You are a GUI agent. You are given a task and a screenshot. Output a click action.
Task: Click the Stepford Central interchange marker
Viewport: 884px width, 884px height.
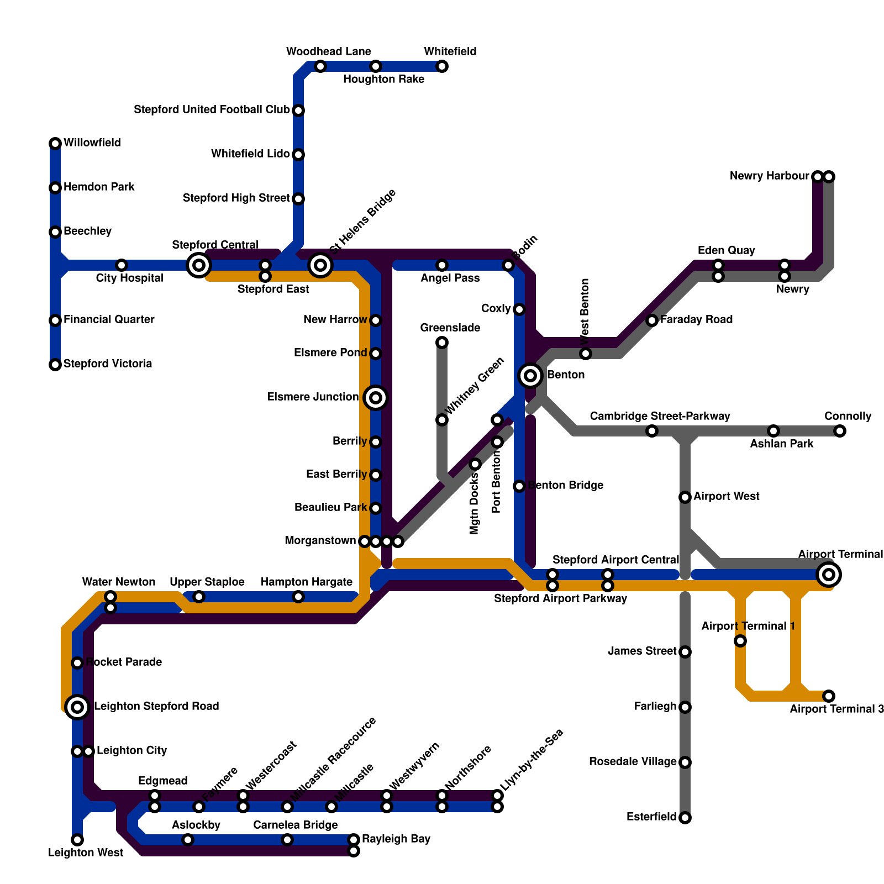click(199, 265)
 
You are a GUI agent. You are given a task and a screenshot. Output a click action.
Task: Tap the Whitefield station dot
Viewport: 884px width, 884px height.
click(442, 67)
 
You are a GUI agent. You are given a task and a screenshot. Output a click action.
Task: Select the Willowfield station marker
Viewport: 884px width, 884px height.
click(55, 144)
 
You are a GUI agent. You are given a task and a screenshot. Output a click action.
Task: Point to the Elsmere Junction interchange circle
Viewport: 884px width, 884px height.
click(376, 398)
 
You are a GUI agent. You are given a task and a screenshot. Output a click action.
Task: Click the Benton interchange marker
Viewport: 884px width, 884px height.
click(530, 376)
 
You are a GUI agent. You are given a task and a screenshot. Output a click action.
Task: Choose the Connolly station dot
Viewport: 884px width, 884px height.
click(840, 431)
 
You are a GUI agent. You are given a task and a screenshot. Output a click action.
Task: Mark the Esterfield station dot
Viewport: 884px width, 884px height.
click(685, 818)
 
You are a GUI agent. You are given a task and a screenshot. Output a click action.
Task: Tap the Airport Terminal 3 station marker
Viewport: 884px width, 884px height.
click(829, 696)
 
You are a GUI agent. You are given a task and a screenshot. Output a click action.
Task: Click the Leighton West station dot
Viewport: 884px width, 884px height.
click(77, 840)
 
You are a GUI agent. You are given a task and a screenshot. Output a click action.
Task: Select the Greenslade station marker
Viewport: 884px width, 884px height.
click(442, 343)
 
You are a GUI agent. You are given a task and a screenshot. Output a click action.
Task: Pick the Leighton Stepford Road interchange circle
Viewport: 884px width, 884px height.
click(77, 707)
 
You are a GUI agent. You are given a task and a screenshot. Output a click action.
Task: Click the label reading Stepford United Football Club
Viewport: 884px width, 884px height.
click(212, 110)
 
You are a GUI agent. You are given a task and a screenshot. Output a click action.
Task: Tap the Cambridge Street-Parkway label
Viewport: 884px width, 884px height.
click(660, 416)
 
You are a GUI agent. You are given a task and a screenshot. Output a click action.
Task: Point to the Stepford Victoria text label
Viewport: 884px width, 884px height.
click(108, 364)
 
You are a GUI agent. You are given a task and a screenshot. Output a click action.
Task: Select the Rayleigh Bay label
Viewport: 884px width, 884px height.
click(396, 839)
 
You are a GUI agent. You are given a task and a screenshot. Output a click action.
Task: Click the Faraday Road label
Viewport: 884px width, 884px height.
click(696, 319)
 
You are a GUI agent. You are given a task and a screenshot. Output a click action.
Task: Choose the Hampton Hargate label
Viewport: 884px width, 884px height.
click(306, 582)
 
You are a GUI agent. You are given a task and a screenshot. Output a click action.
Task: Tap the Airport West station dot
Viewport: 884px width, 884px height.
click(685, 497)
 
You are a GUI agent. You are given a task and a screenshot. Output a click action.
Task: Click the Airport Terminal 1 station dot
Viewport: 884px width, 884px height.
click(740, 641)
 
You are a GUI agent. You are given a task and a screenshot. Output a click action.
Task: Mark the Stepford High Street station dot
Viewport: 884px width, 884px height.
click(298, 199)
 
